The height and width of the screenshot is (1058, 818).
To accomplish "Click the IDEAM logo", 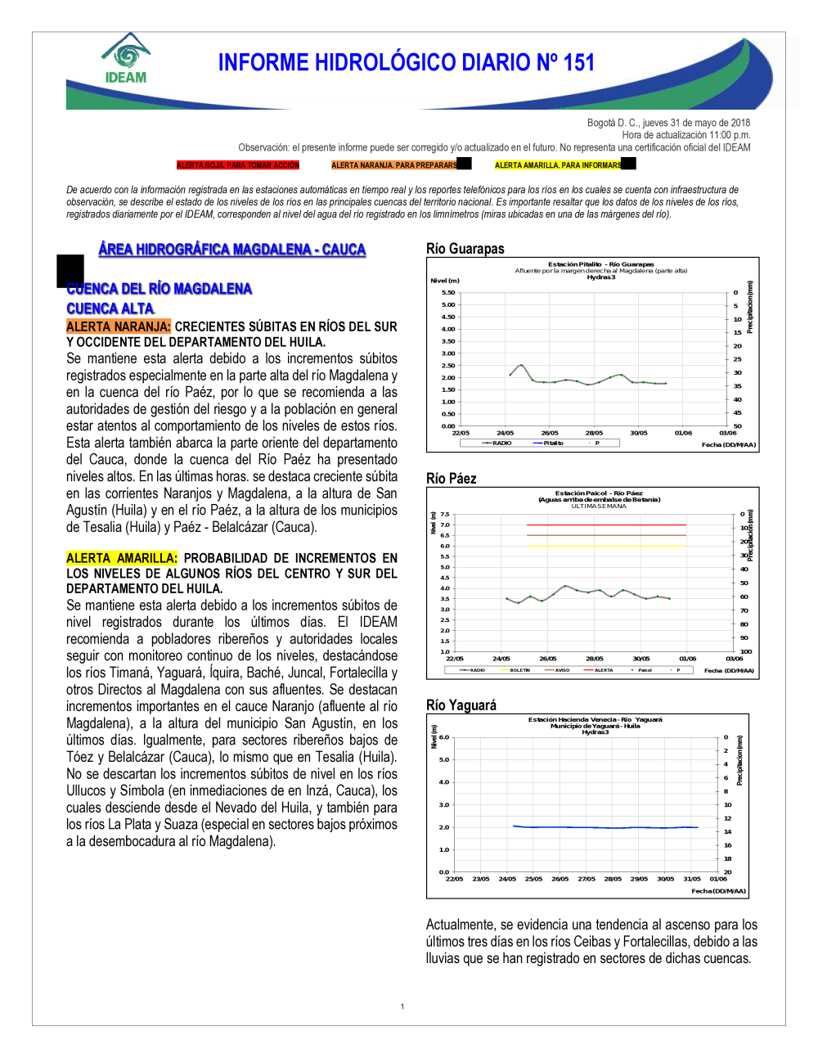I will click(126, 59).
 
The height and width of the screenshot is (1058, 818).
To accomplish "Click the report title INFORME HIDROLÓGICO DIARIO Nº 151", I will click(406, 63).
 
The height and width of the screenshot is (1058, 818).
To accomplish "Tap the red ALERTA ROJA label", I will click(238, 165).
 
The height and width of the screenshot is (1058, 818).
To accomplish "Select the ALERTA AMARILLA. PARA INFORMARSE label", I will click(558, 165).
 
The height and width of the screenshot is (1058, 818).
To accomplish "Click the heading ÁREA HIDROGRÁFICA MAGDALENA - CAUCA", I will click(231, 250).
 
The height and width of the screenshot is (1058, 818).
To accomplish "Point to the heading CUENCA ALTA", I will click(110, 308).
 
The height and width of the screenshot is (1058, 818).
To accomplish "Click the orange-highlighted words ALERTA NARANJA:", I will click(119, 326).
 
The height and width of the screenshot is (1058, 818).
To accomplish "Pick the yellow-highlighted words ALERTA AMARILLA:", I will click(121, 558).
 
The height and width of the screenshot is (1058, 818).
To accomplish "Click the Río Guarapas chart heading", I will click(465, 249).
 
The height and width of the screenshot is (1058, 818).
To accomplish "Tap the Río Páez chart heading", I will click(451, 479).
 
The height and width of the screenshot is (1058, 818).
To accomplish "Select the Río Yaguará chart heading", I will click(461, 705).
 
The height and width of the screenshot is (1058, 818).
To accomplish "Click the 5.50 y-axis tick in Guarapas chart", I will click(448, 292).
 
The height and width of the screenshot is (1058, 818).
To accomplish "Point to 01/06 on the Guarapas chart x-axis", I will click(683, 433).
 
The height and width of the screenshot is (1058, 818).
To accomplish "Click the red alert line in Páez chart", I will click(605, 524).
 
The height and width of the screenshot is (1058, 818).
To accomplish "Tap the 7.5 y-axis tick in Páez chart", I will click(445, 515).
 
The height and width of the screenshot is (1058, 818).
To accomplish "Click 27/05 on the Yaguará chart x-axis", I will click(587, 879).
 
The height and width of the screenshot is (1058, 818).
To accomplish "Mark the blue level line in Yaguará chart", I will click(605, 827).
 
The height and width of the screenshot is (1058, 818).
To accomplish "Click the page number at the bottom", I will click(402, 1006).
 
